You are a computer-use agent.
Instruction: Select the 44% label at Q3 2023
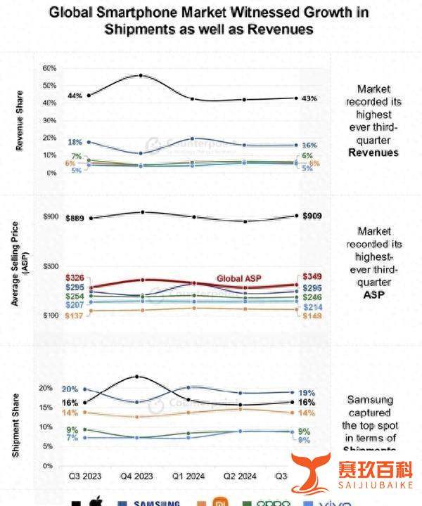click(x=75, y=95)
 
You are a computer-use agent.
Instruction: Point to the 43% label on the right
click(x=309, y=98)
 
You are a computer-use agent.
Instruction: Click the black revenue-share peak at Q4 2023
click(x=141, y=75)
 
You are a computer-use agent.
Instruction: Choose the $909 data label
click(x=311, y=216)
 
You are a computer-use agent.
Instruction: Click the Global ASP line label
click(x=238, y=278)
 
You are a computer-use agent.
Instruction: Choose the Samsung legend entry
click(x=155, y=502)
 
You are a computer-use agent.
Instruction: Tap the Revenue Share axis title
click(x=20, y=121)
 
